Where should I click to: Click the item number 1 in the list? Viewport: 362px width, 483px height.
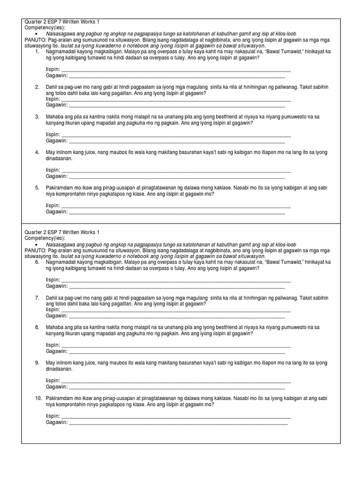37,50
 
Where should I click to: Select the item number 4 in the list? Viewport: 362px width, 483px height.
37,152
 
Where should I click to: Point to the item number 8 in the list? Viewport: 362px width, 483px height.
37,327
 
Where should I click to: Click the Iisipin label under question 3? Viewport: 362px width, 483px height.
53,135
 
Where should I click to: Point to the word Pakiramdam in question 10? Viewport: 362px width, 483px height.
60,399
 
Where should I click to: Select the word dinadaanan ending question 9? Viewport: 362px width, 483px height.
59,369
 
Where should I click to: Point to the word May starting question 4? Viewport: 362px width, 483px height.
50,152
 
